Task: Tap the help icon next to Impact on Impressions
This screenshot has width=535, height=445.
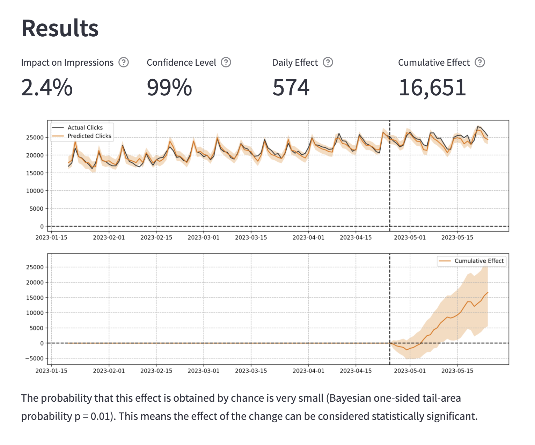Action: [x=124, y=63]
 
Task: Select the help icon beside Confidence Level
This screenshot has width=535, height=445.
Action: [x=226, y=63]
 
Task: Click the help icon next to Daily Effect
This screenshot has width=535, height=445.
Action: [x=328, y=63]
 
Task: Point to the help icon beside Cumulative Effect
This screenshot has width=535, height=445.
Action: [x=480, y=63]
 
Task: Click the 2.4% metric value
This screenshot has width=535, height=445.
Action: [x=47, y=87]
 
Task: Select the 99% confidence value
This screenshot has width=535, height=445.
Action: [x=169, y=87]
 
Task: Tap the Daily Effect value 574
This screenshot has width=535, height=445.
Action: [x=291, y=87]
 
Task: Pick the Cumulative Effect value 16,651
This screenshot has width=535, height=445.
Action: [x=432, y=87]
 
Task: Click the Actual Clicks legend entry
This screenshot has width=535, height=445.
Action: [x=85, y=127]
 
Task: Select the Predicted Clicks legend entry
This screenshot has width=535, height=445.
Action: [x=89, y=136]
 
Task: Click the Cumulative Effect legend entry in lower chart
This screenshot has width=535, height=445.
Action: [x=479, y=261]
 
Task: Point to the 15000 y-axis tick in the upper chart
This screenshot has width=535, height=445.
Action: [x=35, y=173]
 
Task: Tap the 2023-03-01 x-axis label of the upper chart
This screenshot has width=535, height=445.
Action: [x=204, y=238]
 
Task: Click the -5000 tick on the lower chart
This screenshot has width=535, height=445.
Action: [x=34, y=358]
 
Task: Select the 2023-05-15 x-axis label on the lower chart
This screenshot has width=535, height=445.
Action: [x=457, y=371]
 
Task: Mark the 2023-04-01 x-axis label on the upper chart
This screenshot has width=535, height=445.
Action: [x=308, y=238]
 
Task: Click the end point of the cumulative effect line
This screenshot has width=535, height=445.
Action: [x=488, y=292]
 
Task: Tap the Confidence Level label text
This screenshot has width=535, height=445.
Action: [x=181, y=63]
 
